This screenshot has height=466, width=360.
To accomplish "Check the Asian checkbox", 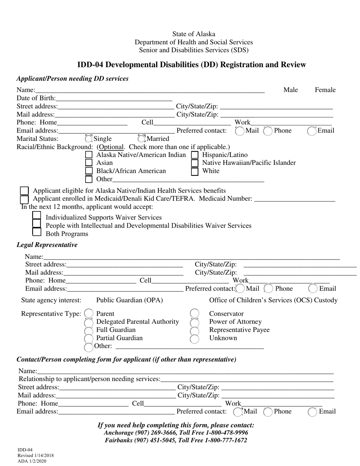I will [x=89, y=163].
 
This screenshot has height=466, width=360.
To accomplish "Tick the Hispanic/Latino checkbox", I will [x=194, y=155].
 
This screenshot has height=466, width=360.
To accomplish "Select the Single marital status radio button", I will [x=89, y=139].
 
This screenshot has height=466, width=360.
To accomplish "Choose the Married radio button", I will [x=141, y=139].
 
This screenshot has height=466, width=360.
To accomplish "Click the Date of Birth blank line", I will [x=114, y=99].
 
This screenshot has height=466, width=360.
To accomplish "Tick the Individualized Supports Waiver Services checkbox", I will [x=37, y=216].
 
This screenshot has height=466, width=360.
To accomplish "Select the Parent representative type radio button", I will [x=89, y=313].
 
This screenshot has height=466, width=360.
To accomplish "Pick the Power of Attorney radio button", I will [x=194, y=322].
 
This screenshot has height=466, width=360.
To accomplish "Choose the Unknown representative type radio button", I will [x=194, y=339].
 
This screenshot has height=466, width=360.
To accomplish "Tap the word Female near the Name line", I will [x=325, y=90].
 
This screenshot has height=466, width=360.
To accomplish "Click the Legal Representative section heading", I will [x=47, y=245].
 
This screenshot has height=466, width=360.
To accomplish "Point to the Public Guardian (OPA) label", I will [x=130, y=300].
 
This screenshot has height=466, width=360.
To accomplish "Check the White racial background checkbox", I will [x=194, y=171].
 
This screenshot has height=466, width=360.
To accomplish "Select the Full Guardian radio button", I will [x=89, y=330].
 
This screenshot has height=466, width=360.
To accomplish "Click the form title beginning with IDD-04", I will [x=191, y=65].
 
